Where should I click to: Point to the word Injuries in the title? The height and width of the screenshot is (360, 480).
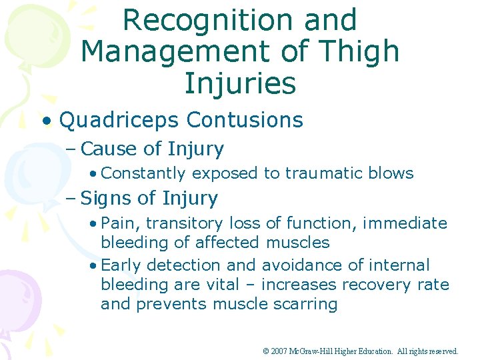pos(240,83)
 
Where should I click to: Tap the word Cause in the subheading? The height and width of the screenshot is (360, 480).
pos(107,149)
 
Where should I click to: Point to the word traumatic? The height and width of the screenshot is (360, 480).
pos(323,173)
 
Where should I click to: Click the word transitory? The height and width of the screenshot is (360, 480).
pos(185,223)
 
